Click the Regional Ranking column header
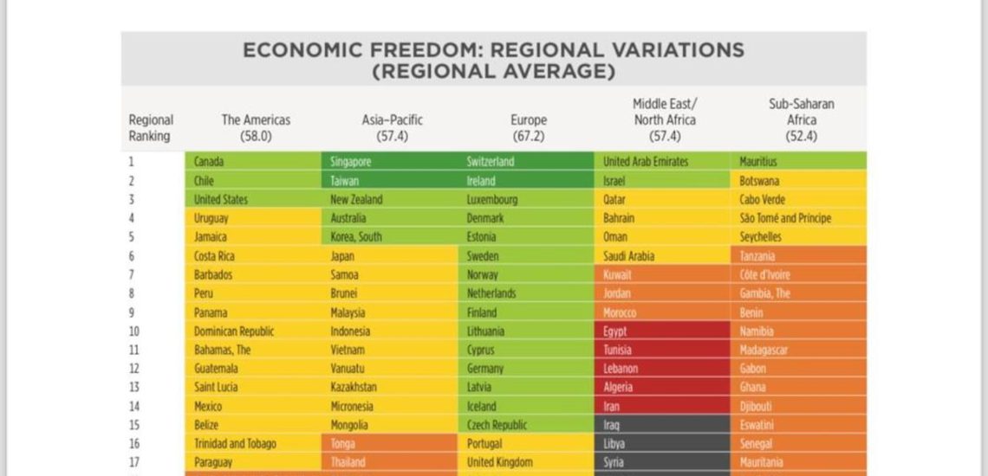pyautogui.click(x=151, y=128)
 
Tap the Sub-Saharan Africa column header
pyautogui.click(x=802, y=119)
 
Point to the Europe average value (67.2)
pyautogui.click(x=528, y=136)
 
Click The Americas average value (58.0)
pyautogui.click(x=256, y=136)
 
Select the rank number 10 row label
pyautogui.click(x=133, y=331)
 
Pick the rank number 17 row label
pyautogui.click(x=133, y=462)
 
